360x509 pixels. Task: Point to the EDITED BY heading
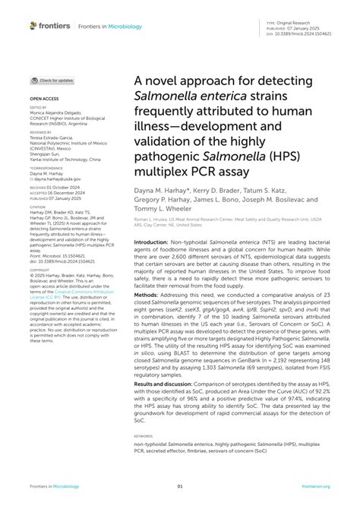(38, 109)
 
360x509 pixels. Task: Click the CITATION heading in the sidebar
(37, 205)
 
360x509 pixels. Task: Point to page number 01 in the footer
(180, 486)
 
